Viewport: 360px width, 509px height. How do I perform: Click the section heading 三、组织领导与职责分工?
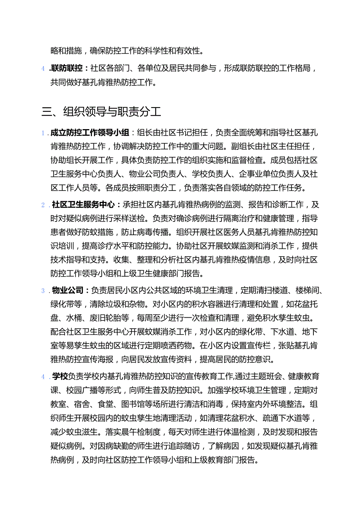[x=101, y=112]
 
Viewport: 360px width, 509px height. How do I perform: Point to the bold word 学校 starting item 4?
[x=60, y=376]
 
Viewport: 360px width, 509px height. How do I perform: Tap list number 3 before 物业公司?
[x=43, y=291]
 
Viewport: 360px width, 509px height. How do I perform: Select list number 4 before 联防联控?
[x=43, y=69]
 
